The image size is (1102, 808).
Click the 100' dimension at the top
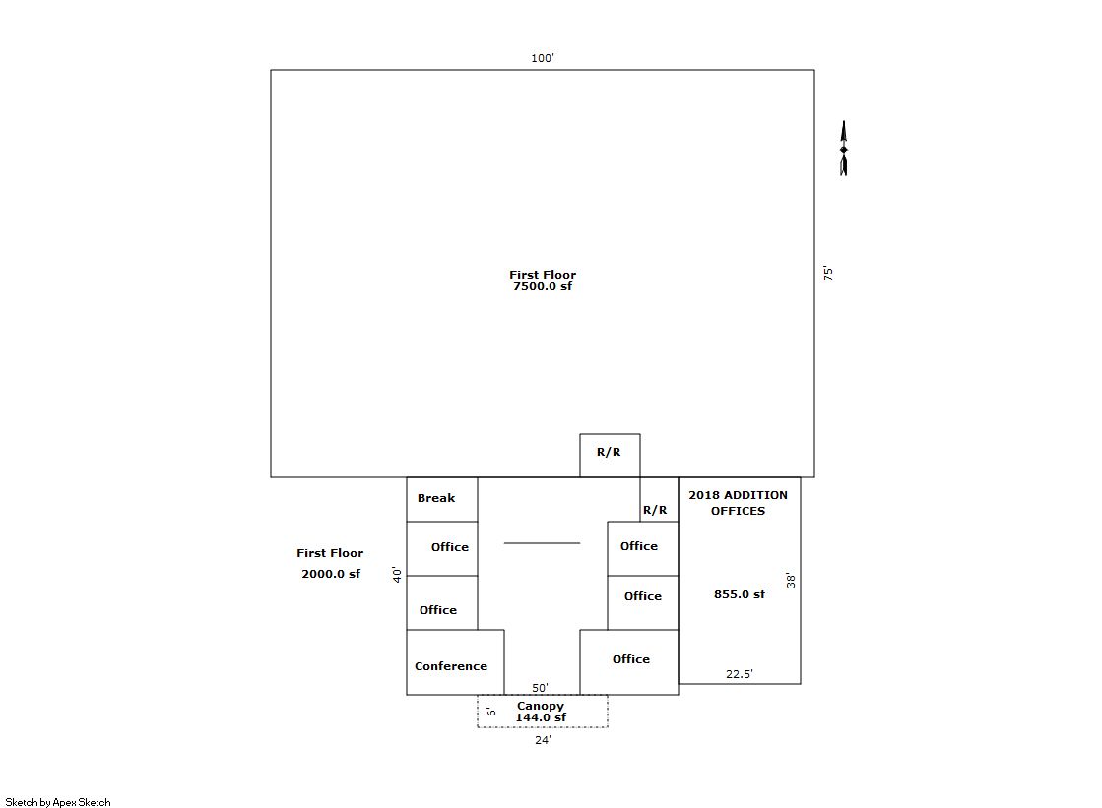tap(542, 58)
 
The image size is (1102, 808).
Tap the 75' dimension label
tap(828, 274)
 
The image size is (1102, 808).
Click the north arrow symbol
tap(843, 149)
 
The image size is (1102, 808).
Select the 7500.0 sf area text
tap(543, 286)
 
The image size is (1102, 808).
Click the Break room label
tap(436, 498)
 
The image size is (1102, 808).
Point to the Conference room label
tap(450, 666)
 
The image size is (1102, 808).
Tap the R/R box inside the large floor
tap(610, 456)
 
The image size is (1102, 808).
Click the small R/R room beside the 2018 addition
tap(659, 500)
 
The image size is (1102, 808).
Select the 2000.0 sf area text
tap(331, 574)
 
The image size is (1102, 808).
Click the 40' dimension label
tap(397, 574)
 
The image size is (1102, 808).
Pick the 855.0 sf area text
tap(740, 594)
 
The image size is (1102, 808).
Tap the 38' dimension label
tap(791, 580)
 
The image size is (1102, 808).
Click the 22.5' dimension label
tap(740, 674)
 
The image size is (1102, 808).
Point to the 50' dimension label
tap(540, 688)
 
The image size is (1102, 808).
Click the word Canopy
tap(541, 706)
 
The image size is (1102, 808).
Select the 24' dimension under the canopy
tap(543, 740)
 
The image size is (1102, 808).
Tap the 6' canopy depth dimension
tap(491, 712)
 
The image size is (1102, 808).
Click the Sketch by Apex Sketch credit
tap(58, 802)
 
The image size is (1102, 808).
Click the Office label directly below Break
tap(450, 547)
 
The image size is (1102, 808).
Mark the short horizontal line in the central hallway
tap(542, 543)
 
